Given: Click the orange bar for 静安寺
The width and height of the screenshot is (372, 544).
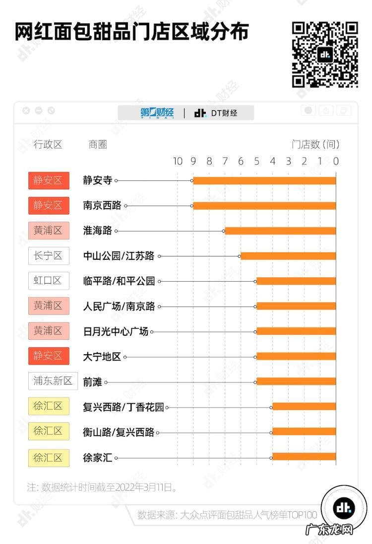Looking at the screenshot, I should tap(264, 180).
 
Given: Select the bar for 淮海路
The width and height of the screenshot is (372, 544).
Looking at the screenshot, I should tap(280, 231).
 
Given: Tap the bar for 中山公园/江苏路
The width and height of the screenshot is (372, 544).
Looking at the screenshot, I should tap(288, 256).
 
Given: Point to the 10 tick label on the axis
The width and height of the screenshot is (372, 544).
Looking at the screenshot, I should tap(177, 161).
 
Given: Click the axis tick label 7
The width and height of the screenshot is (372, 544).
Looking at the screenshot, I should tap(225, 161).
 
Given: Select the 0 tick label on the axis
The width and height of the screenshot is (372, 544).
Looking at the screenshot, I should tap(336, 161).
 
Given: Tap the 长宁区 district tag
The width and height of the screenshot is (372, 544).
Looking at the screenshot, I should tap(48, 256).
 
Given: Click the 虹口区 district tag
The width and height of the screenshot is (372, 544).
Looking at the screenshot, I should tap(48, 281).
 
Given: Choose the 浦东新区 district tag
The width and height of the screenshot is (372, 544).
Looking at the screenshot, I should tap(53, 381).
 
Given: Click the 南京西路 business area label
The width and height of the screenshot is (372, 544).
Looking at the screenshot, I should tap(102, 205).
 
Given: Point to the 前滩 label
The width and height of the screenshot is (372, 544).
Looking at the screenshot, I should tap(92, 382).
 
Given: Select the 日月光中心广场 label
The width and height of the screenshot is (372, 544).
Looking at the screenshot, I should tap(116, 331).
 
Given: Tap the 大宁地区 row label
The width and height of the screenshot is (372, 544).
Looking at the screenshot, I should tap(102, 356).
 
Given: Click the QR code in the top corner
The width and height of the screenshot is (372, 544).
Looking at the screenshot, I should tap(325, 54).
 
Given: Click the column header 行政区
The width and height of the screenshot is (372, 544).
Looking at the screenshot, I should tap(48, 145).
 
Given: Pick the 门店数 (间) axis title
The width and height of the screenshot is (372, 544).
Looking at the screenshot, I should tap(315, 145).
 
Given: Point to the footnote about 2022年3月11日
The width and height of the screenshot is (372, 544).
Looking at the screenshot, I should tap(102, 487).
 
